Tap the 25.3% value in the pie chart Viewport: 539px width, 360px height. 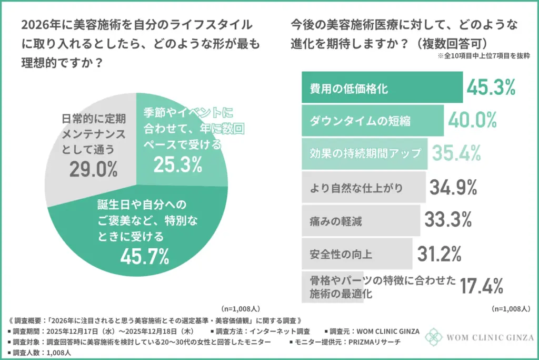pyautogui.click(x=178, y=164)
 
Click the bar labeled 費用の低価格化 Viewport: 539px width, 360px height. pyautogui.click(x=382, y=89)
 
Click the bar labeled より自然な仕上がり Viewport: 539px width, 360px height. pyautogui.click(x=363, y=187)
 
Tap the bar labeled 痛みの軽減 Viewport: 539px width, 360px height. pyautogui.click(x=361, y=220)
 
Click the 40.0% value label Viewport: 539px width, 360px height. pyautogui.click(x=473, y=120)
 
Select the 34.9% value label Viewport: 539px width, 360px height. pyautogui.click(x=453, y=187)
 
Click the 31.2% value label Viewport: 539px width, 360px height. pyautogui.click(x=439, y=254)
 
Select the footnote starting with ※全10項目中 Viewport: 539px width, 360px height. pyautogui.click(x=482, y=55)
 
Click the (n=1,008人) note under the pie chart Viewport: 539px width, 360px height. pyautogui.click(x=240, y=308)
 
